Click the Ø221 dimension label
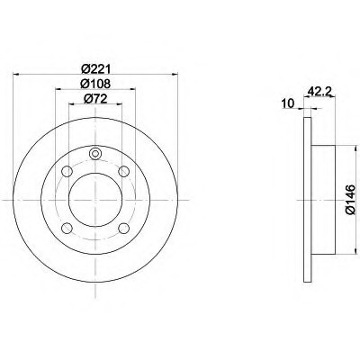tap(95, 69)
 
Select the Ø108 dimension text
tap(95, 84)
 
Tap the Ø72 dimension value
tap(95, 99)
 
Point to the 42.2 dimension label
tap(319, 91)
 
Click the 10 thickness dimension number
tap(288, 103)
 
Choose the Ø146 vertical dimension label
tap(350, 200)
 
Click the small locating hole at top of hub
tap(95, 154)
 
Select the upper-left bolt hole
tap(67, 172)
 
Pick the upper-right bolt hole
tap(123, 172)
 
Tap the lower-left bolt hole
tap(67, 228)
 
